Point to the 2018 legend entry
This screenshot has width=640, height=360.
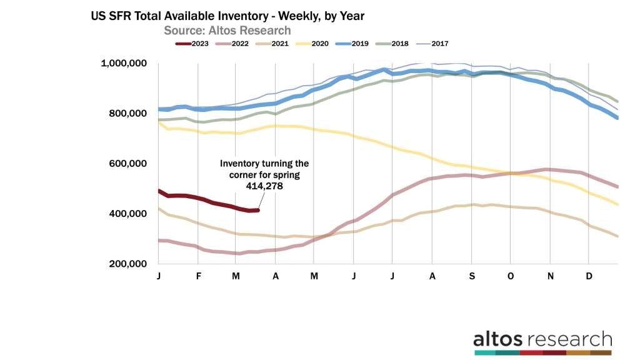[x=399, y=44]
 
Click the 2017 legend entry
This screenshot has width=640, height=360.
[x=439, y=44]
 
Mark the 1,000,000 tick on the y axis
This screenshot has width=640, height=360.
[x=124, y=63]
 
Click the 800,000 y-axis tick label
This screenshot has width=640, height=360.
[x=129, y=113]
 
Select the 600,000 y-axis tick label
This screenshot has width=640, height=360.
[x=129, y=164]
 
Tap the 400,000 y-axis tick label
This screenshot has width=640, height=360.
[x=129, y=214]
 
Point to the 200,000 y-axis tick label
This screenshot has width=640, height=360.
[x=129, y=264]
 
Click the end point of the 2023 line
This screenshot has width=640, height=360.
[x=257, y=211]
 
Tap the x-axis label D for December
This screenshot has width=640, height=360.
[x=589, y=276]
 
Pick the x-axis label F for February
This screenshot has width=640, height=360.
[x=198, y=276]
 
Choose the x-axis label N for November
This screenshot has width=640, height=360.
[x=550, y=276]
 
